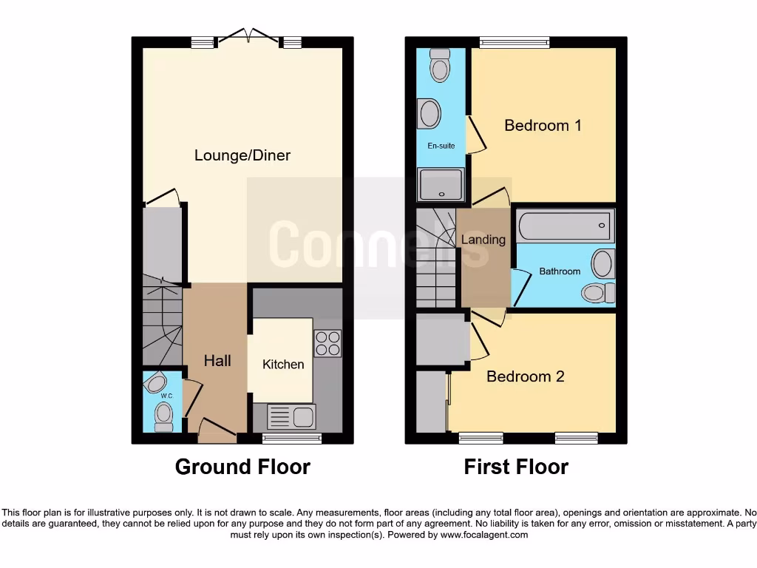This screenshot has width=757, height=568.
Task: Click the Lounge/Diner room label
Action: (x=242, y=155)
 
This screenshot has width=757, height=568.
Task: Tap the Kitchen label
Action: (x=283, y=364)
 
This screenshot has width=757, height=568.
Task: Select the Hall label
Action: (x=217, y=361)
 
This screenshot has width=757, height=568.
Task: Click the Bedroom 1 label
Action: (x=543, y=125)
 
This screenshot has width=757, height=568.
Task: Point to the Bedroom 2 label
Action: (x=525, y=376)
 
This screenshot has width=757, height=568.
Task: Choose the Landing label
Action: (x=483, y=240)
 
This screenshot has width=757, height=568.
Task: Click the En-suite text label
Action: (x=441, y=146)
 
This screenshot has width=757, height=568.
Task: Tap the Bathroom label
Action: (x=560, y=271)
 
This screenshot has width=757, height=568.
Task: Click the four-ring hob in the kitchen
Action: (x=327, y=343)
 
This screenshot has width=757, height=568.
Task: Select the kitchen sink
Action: (x=293, y=417)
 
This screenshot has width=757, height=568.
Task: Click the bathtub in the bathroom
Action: (x=566, y=226)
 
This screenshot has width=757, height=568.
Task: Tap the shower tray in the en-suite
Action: (x=441, y=185)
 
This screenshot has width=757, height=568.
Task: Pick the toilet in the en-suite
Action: (x=441, y=67)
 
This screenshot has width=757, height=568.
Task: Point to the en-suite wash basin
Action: (x=430, y=114)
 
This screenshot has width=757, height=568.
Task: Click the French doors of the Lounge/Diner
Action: (x=248, y=36)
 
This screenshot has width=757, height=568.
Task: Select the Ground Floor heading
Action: (x=242, y=467)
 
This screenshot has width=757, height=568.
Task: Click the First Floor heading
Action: (x=516, y=467)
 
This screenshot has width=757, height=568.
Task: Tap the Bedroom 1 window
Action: (x=515, y=43)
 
